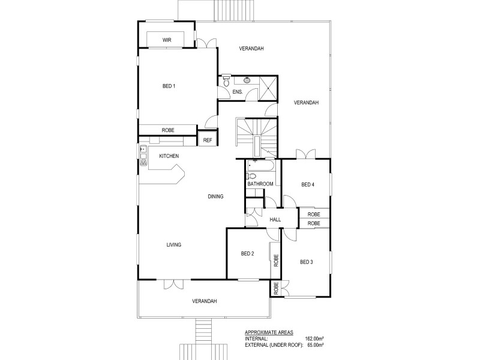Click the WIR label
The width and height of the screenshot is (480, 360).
[167, 40]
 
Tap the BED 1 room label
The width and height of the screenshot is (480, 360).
[169, 86]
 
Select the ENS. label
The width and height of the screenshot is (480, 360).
[237, 92]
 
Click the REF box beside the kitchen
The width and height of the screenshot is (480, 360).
[208, 140]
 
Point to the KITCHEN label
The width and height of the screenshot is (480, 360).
[169, 156]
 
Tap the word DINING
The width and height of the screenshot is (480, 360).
[215, 196]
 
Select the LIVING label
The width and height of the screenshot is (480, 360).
[174, 244]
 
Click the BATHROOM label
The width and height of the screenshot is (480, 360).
[260, 184]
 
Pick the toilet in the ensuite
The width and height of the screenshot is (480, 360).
[226, 81]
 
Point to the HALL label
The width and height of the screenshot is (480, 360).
[275, 220]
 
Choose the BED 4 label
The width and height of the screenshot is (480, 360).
[307, 184]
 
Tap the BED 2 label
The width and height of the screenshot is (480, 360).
[248, 254]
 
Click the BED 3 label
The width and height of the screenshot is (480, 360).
[307, 261]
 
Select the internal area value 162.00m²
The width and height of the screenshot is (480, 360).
[315, 338]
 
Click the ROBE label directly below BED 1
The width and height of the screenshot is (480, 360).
[168, 130]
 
